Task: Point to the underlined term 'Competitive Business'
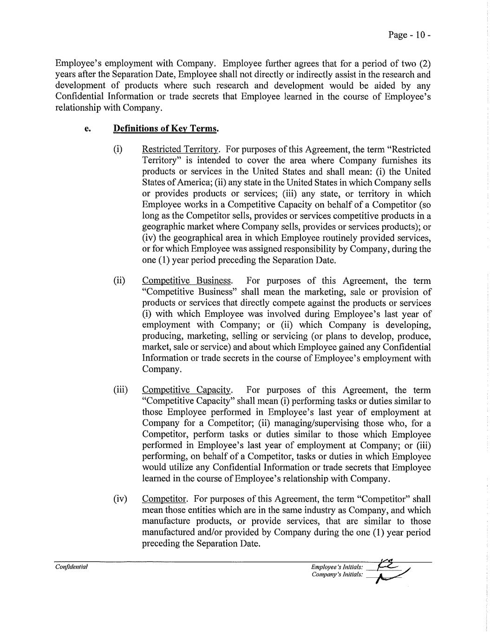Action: [187, 281]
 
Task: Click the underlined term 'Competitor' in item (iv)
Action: [164, 499]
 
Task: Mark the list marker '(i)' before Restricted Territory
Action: [118, 150]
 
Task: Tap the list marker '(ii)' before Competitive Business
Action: [119, 281]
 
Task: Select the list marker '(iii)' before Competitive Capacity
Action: [121, 390]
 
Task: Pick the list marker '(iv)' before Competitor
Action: [120, 499]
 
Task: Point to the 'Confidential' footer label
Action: [72, 567]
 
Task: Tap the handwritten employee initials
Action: [388, 565]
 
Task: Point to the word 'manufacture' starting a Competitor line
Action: [166, 521]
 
